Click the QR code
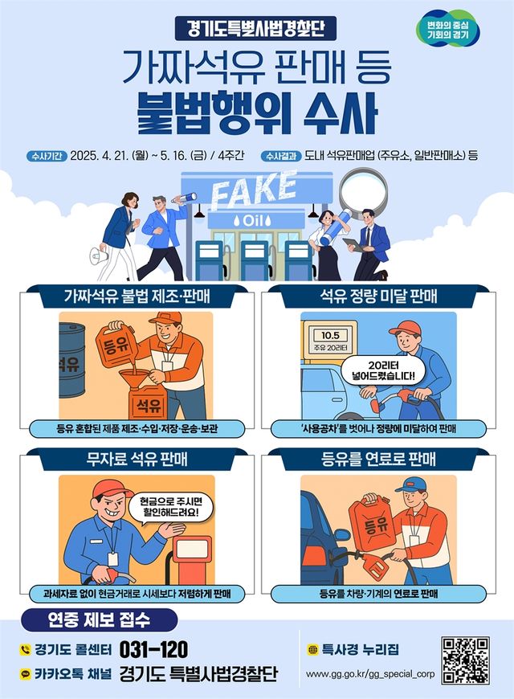coord(465,660)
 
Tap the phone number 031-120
coord(154,649)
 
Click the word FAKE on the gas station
coord(254,190)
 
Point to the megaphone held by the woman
coord(99,256)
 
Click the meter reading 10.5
coord(330,335)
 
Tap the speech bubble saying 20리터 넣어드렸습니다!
coord(383,371)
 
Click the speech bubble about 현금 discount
coord(171,507)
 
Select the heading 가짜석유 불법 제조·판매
coord(137,296)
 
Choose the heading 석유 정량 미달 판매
coord(378,296)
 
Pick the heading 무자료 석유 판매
coord(137,459)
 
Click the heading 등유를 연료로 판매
coord(378,459)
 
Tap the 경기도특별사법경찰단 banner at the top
coord(256,29)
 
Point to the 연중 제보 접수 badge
coord(100,620)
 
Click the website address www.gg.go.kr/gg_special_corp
coord(370,673)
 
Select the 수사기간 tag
coord(47,156)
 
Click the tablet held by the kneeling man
coord(354,244)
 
